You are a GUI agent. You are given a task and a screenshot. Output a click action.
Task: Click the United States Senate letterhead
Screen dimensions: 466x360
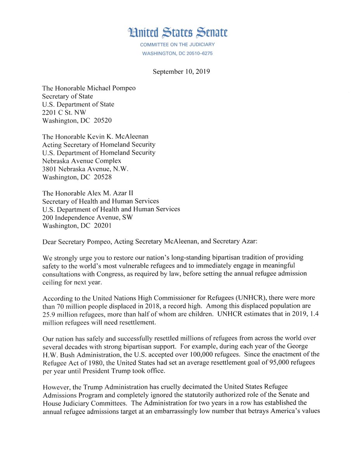178,33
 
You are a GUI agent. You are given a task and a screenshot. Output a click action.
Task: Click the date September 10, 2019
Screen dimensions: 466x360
181,72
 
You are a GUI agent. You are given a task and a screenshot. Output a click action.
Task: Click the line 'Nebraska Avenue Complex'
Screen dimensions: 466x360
82,161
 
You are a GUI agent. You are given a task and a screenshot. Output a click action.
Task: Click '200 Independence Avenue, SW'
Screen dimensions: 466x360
87,217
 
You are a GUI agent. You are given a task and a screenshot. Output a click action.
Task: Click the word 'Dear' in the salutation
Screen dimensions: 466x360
50,242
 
